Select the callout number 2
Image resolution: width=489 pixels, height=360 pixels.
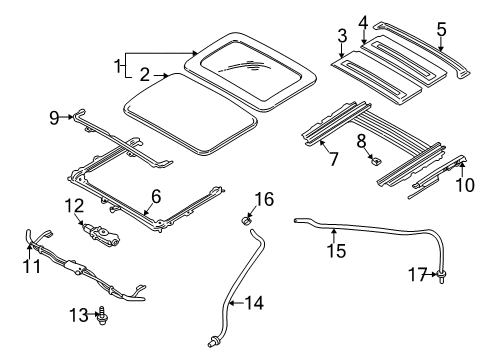145,75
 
